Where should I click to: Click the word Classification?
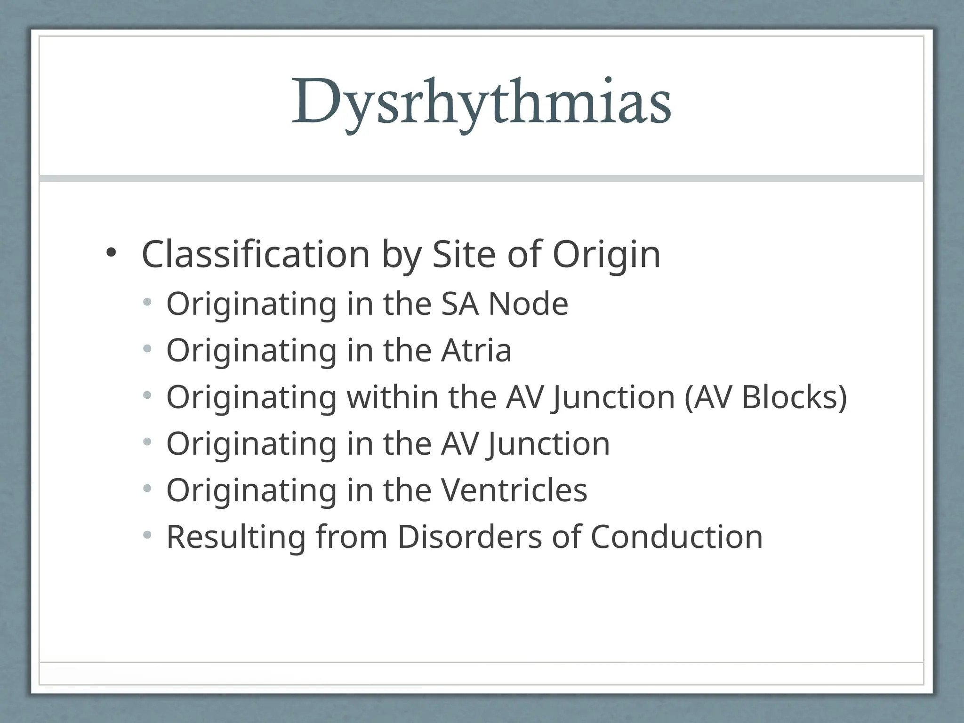point(256,255)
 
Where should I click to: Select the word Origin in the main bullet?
point(606,255)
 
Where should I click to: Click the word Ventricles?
point(514,490)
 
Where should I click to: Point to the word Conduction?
point(676,537)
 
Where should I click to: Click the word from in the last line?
point(351,537)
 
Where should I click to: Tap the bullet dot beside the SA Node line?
point(148,303)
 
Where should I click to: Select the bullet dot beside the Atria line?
point(148,349)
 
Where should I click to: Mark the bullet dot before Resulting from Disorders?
point(148,535)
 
